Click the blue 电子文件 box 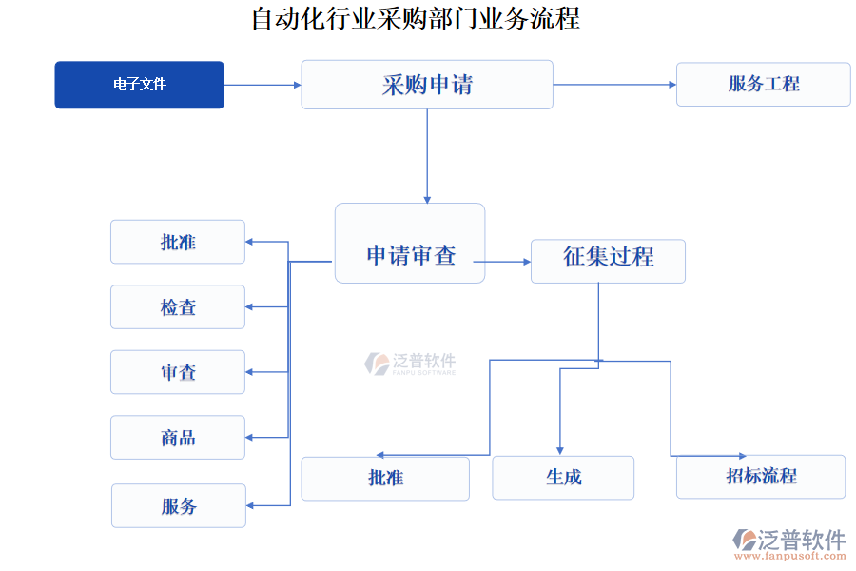(x=139, y=85)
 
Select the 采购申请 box (x=427, y=85)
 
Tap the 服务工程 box (x=763, y=84)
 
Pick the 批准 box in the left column (x=178, y=242)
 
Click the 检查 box (x=178, y=306)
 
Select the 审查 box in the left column (x=178, y=372)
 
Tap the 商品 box (x=178, y=437)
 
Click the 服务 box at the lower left (x=179, y=505)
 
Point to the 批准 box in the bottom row (x=385, y=478)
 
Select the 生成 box (x=563, y=478)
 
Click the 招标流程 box (x=761, y=477)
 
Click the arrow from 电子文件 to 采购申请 (x=263, y=85)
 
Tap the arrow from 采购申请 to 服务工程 (x=614, y=85)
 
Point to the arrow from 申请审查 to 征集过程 (x=502, y=261)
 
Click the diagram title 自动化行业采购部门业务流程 (x=416, y=18)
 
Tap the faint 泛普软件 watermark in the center (x=411, y=364)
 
